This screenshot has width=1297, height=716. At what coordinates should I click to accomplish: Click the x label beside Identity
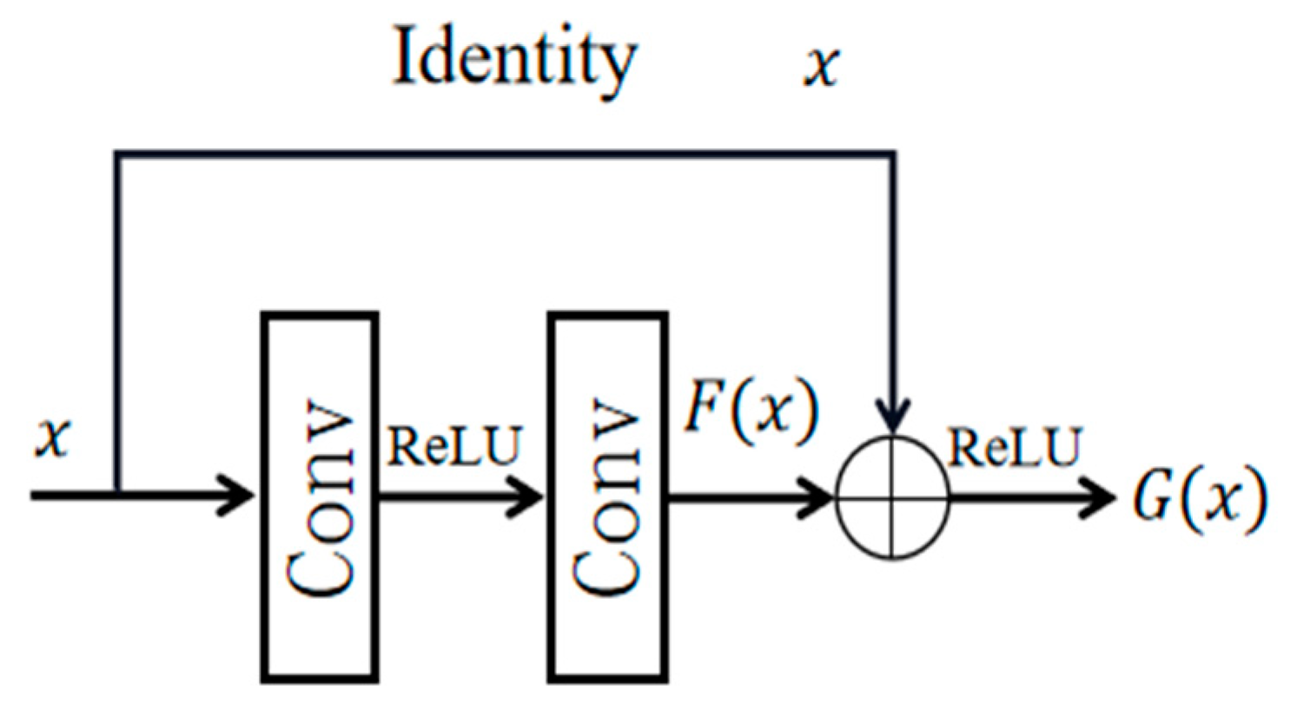point(821,65)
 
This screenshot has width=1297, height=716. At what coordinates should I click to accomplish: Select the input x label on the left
point(53,437)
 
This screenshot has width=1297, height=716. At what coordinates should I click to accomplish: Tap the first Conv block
point(320,497)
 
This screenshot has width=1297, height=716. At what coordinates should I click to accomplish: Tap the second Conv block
point(607,497)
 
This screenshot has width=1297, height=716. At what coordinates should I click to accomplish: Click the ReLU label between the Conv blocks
point(454,447)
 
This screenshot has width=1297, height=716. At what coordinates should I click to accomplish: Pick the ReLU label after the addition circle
point(1014,447)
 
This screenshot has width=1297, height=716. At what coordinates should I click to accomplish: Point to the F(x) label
point(751,408)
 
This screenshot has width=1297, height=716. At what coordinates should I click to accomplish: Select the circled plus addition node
point(892,498)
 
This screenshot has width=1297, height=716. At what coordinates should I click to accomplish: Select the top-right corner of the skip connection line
point(893,155)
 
